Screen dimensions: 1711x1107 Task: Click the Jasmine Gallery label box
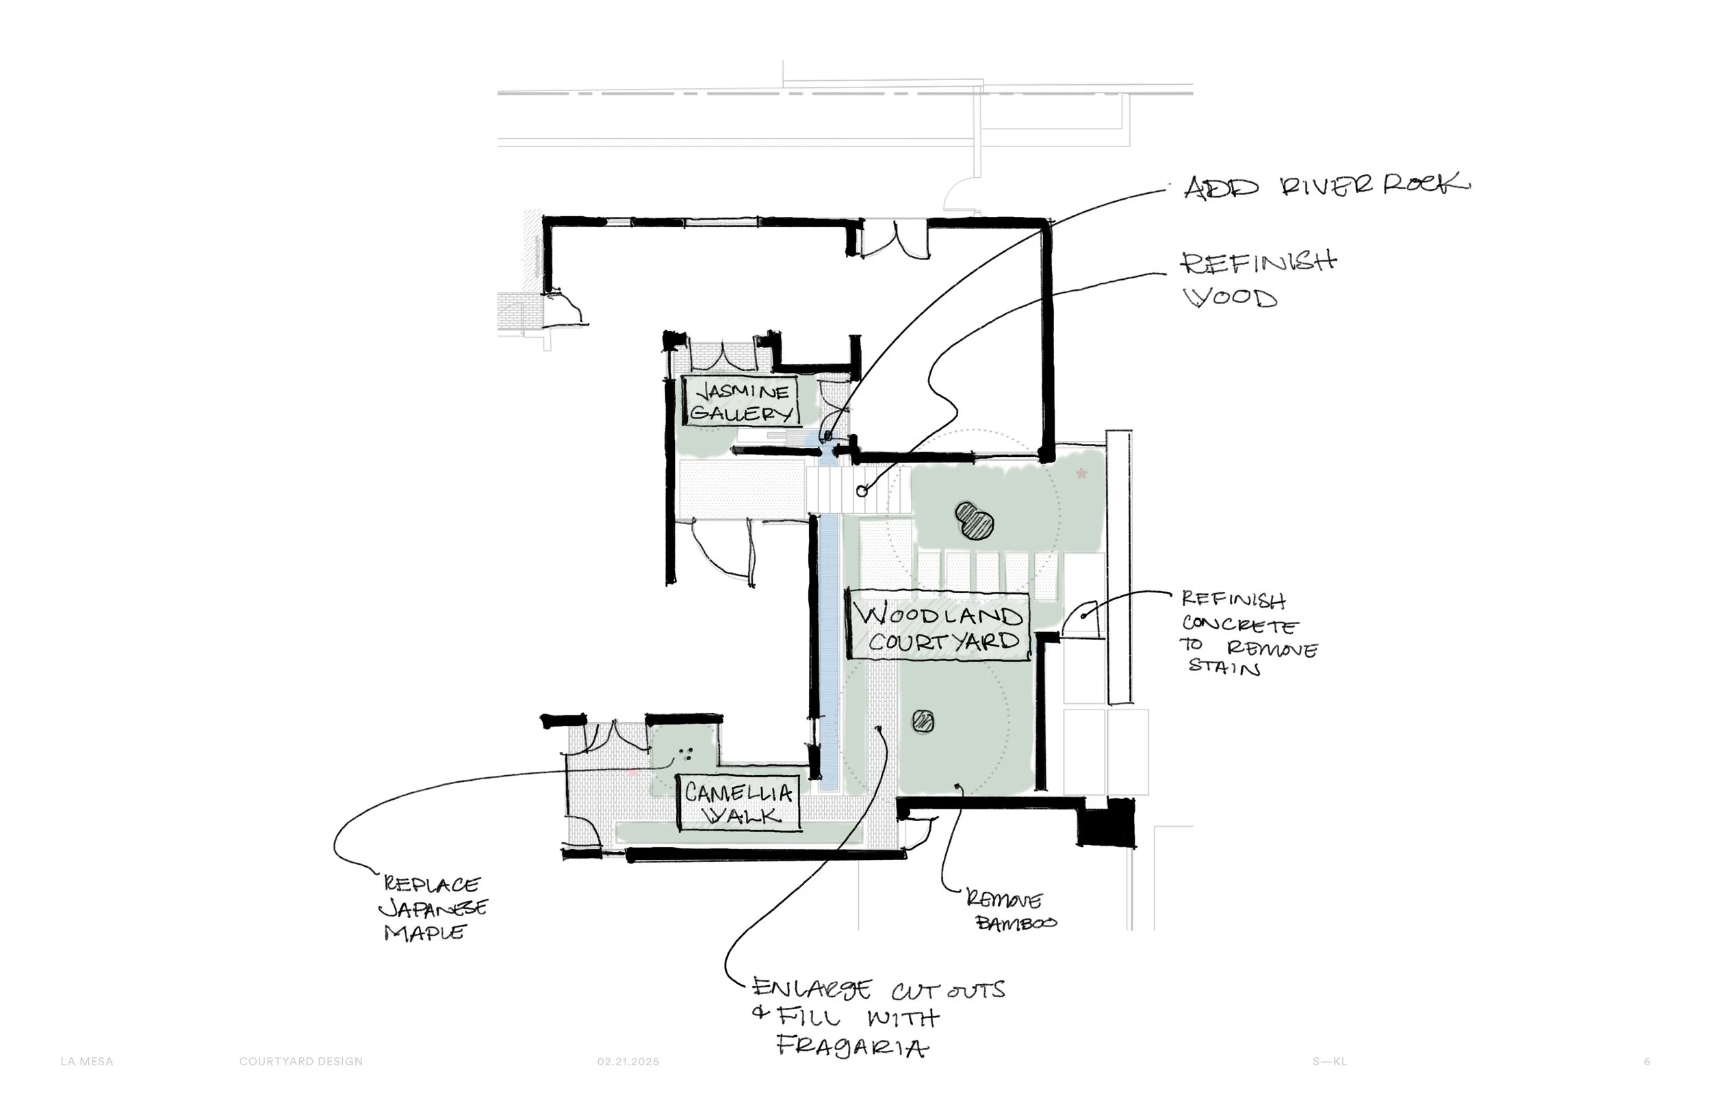point(740,401)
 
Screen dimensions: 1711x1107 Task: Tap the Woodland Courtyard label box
point(939,624)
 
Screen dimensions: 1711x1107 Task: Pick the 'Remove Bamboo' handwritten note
point(1011,910)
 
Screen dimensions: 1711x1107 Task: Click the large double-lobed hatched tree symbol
point(975,521)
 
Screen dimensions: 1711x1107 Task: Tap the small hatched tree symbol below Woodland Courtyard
point(923,721)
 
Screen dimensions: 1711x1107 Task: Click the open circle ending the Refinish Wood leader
point(862,492)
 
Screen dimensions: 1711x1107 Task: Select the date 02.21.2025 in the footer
point(628,1062)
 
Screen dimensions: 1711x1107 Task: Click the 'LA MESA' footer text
point(87,1062)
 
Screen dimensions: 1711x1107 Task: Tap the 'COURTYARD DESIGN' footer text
point(301,1062)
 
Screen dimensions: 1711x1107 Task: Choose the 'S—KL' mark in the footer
point(1330,1062)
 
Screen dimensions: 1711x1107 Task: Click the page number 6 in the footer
point(1647,1062)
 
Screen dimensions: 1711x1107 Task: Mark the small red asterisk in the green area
point(1081,473)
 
